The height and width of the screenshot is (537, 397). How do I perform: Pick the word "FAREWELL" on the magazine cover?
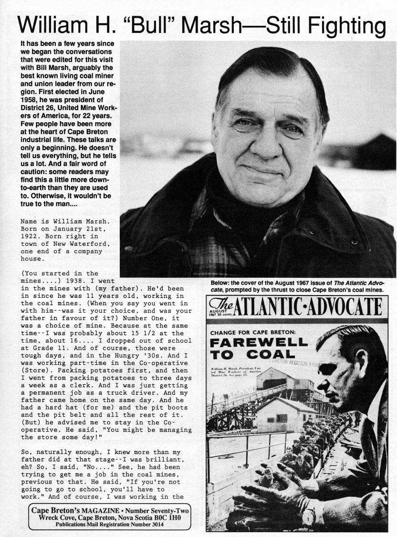tap(260, 343)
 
